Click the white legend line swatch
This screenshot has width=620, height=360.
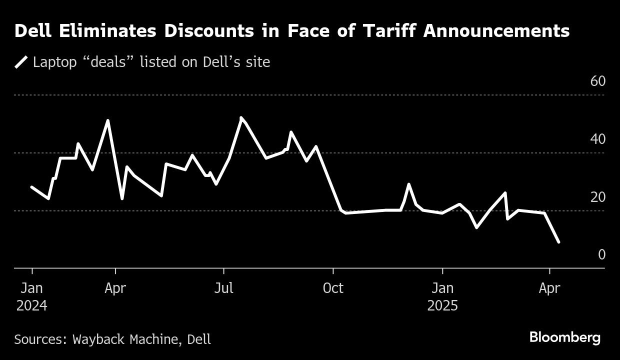click(x=21, y=62)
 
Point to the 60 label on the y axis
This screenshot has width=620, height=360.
click(x=597, y=81)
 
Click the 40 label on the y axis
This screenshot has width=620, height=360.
click(x=597, y=139)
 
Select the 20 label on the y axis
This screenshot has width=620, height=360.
click(x=597, y=197)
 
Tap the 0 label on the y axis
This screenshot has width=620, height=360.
click(x=601, y=255)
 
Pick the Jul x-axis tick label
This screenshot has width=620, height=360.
click(x=223, y=288)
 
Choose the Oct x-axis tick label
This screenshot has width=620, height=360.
click(x=333, y=288)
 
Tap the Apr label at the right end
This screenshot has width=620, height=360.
click(x=549, y=288)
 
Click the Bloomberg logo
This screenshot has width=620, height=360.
click(x=564, y=337)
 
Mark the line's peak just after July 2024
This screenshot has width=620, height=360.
click(x=241, y=118)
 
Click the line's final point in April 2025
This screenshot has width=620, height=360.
click(x=558, y=242)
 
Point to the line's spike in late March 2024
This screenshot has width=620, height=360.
click(x=108, y=120)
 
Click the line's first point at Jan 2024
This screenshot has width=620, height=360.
click(x=32, y=187)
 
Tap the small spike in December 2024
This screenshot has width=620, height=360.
click(x=409, y=184)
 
